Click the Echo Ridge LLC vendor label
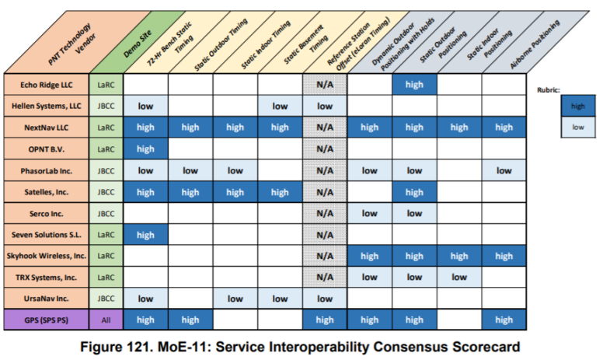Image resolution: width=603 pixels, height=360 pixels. [x=46, y=85]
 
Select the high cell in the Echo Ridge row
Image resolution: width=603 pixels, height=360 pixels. [x=414, y=85]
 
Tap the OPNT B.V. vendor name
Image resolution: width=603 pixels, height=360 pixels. [x=46, y=149]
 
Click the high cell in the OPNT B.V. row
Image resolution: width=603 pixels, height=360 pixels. [x=145, y=149]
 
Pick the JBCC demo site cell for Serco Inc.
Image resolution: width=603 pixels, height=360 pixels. [x=105, y=213]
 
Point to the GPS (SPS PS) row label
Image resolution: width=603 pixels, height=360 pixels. [x=46, y=320]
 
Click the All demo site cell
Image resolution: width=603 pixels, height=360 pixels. [x=105, y=320]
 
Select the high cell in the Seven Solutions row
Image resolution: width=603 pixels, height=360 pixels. [x=145, y=234]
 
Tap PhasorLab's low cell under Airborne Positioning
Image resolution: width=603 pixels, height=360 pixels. [x=504, y=170]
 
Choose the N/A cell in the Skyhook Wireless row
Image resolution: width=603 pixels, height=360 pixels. [x=325, y=256]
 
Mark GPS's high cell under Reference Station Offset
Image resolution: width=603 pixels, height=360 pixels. [x=325, y=320]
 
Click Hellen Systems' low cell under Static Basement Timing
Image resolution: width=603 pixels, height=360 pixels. [x=280, y=106]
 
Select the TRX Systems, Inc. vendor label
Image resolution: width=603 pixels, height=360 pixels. [x=46, y=277]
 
